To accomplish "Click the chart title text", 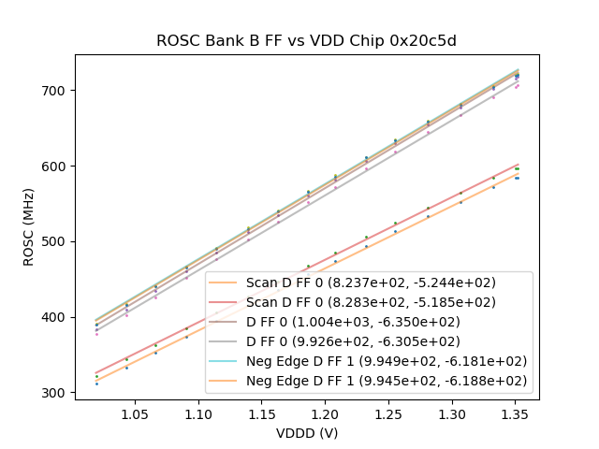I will pyautogui.click(x=306, y=40).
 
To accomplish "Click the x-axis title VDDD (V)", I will pyautogui.click(x=306, y=433).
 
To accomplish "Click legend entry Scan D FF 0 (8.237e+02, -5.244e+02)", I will pyautogui.click(x=371, y=282).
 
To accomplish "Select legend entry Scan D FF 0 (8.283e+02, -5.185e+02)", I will pyautogui.click(x=371, y=302).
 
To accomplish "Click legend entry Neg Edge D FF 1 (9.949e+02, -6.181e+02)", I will pyautogui.click(x=387, y=361).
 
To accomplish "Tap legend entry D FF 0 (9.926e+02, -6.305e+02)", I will pyautogui.click(x=353, y=341).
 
